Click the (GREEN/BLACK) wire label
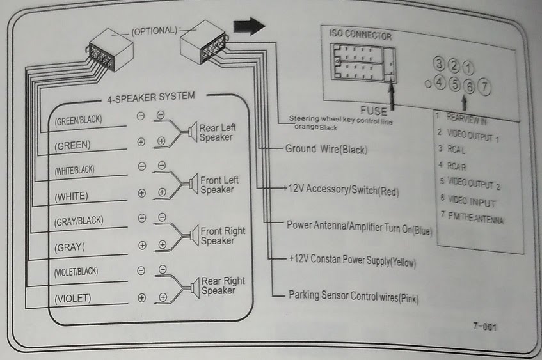click(x=78, y=120)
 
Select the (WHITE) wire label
click(x=72, y=195)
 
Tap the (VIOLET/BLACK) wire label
click(x=76, y=271)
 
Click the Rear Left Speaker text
click(x=218, y=132)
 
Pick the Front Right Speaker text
click(x=223, y=236)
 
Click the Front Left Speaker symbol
click(x=190, y=185)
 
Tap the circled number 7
click(x=484, y=85)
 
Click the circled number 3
click(x=439, y=63)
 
